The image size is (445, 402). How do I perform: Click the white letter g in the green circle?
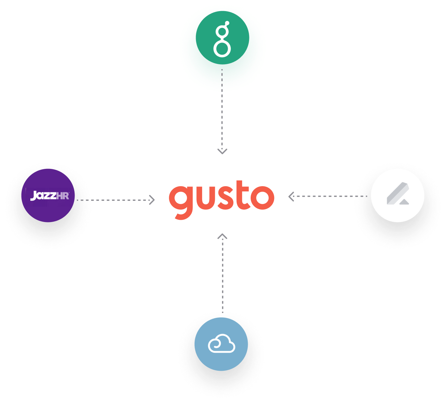[x=222, y=39]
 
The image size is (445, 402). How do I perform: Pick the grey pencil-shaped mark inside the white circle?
[x=397, y=194]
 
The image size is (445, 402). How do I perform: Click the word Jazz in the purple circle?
[x=43, y=196]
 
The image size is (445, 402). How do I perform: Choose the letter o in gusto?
[x=263, y=197]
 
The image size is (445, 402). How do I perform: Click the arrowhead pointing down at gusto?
[x=222, y=151]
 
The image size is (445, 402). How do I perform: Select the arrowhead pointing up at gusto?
[x=222, y=236]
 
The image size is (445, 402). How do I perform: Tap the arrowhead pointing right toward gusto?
[x=152, y=200]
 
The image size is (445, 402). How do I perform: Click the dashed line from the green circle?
[x=222, y=111]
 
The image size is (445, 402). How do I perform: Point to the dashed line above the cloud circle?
[x=222, y=274]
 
